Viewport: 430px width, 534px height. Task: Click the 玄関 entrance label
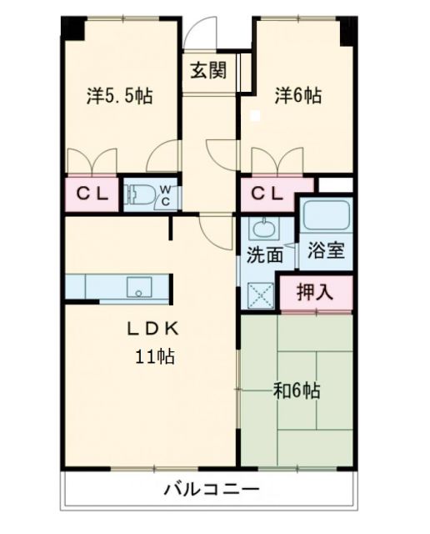(208, 71)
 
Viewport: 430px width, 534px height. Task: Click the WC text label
(166, 195)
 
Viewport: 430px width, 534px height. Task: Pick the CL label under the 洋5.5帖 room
(92, 195)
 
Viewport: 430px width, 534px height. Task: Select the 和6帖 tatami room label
(297, 390)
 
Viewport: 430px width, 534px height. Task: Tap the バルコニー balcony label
(211, 488)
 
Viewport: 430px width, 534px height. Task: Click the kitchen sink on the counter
(135, 288)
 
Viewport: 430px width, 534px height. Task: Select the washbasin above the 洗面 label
(266, 229)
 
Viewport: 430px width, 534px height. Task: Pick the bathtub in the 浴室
(326, 216)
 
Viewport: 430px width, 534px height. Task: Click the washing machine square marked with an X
(261, 296)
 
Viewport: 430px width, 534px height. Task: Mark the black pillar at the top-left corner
(72, 29)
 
